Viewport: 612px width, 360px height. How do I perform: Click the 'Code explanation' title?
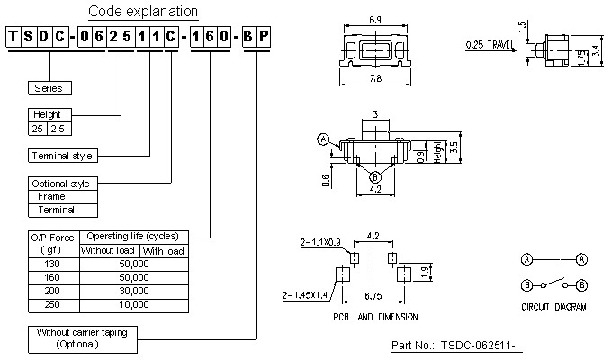[143, 12]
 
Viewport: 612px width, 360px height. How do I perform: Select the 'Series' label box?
[50, 88]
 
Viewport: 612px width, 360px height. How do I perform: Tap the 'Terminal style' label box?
[61, 156]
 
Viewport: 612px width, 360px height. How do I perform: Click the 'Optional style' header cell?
[63, 183]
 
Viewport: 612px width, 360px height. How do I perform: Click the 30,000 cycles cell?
[132, 292]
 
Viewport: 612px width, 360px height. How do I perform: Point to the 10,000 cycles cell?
[132, 305]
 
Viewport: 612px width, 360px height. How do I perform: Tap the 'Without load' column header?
[108, 250]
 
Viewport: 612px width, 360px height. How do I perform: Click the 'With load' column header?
[163, 250]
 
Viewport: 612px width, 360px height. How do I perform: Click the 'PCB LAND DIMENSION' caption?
[375, 318]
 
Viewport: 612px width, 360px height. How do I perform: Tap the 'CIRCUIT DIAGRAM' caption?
[553, 307]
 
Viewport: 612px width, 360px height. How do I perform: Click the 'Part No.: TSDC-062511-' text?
[458, 346]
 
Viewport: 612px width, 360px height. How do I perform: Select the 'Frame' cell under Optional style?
[52, 196]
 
